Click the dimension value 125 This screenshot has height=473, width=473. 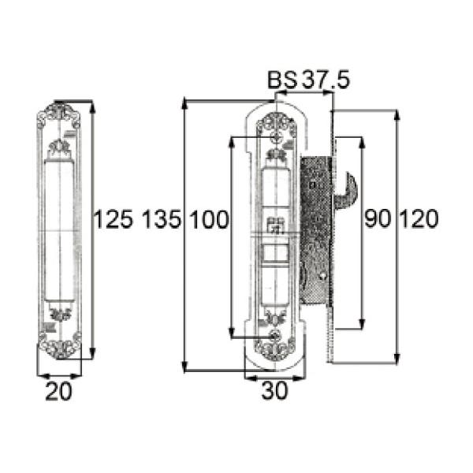pyautogui.click(x=114, y=218)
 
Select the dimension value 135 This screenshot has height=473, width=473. pyautogui.click(x=162, y=218)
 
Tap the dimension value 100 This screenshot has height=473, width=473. pyautogui.click(x=210, y=218)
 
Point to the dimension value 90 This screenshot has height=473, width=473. pyautogui.click(x=378, y=218)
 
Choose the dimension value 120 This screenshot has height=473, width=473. pyautogui.click(x=419, y=218)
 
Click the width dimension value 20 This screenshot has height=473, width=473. pyautogui.click(x=59, y=391)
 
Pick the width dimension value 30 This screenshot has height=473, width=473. pyautogui.click(x=275, y=391)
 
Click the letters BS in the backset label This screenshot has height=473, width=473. pyautogui.click(x=282, y=80)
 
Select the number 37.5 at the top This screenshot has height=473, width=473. pyautogui.click(x=326, y=80)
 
